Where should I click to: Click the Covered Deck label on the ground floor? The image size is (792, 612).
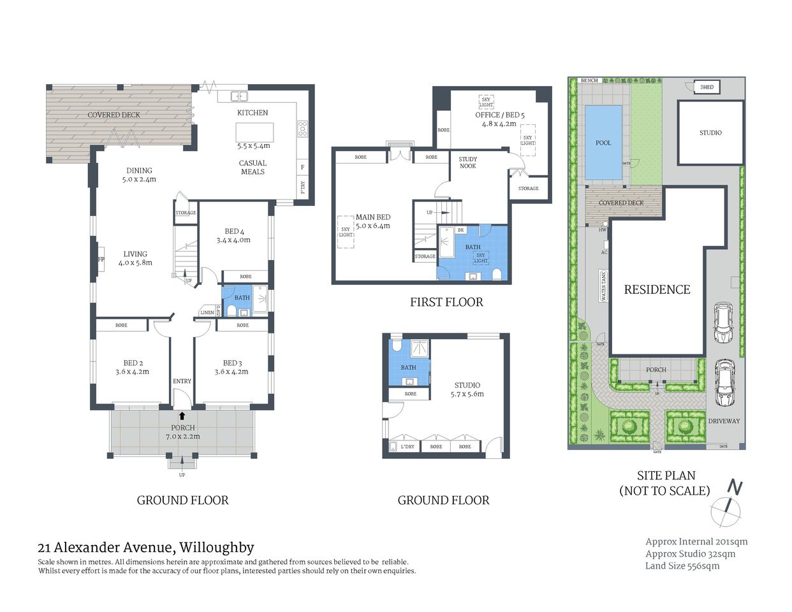coord(114,115)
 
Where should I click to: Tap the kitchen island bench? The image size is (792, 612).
coord(254,132)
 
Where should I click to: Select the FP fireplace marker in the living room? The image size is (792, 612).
coord(100,259)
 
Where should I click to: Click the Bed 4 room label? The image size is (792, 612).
coord(233,231)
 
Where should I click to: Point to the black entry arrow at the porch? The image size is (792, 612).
coord(182,416)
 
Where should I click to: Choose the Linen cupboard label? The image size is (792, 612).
coord(207,312)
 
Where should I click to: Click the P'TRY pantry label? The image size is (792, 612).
coord(302,187)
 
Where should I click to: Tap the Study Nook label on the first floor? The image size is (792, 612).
coord(467,163)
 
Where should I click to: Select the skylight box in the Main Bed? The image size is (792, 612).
coord(346,231)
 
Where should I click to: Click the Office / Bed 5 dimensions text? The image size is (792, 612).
coord(499,124)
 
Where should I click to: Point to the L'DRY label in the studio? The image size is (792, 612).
coord(407,446)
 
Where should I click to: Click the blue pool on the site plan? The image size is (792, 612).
coord(603,143)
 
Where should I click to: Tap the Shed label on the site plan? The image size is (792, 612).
coord(707,87)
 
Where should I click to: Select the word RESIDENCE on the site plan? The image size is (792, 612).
coord(657,289)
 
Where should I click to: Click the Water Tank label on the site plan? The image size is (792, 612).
coord(603,286)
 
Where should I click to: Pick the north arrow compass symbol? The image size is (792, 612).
coord(728,503)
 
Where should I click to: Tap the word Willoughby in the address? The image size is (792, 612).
coord(216,547)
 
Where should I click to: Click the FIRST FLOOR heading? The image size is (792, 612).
coord(446,302)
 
